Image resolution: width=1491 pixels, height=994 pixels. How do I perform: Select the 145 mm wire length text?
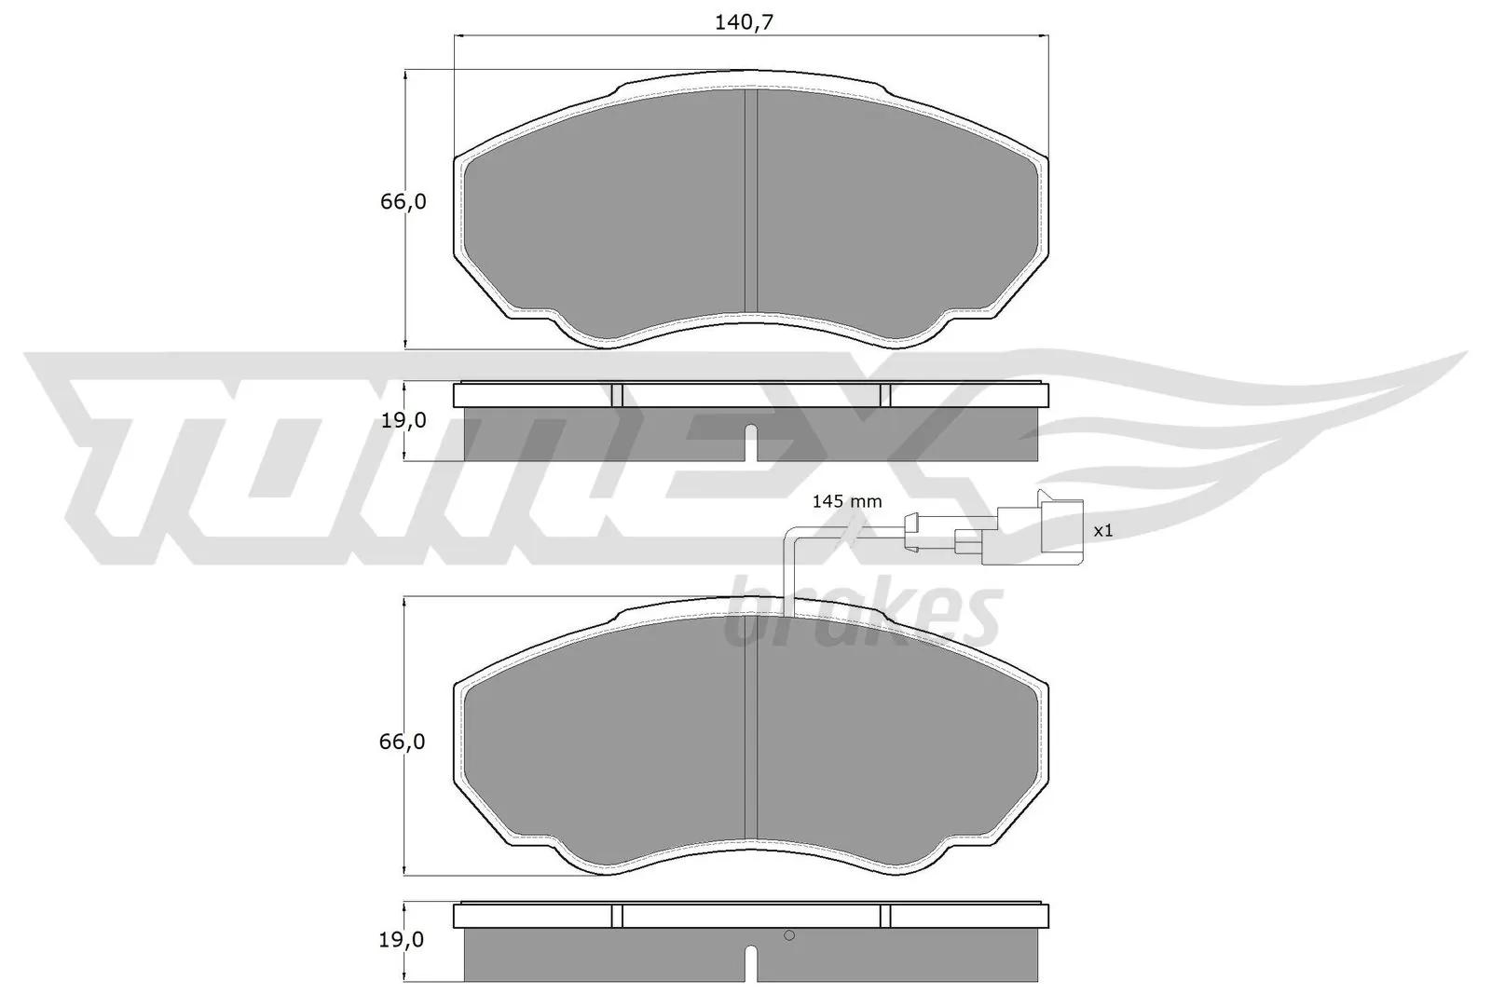pyautogui.click(x=846, y=501)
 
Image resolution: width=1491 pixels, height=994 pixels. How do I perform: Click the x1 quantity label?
pyautogui.click(x=1103, y=530)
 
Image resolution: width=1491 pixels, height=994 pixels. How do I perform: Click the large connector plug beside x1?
pyautogui.click(x=1060, y=531)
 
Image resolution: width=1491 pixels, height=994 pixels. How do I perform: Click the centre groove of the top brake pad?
pyautogui.click(x=751, y=200)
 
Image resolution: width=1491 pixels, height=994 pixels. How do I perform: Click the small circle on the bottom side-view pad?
pyautogui.click(x=788, y=936)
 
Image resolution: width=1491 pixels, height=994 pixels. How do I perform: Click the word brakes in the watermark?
pyautogui.click(x=862, y=615)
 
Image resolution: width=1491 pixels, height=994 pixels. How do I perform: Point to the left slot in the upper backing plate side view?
pyautogui.click(x=616, y=395)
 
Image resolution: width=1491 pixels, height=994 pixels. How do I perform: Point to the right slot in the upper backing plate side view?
pyautogui.click(x=885, y=395)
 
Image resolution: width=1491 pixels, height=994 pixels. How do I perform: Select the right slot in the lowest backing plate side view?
pyautogui.click(x=885, y=916)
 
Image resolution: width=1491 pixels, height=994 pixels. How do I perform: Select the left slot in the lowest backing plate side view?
pyautogui.click(x=616, y=916)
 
